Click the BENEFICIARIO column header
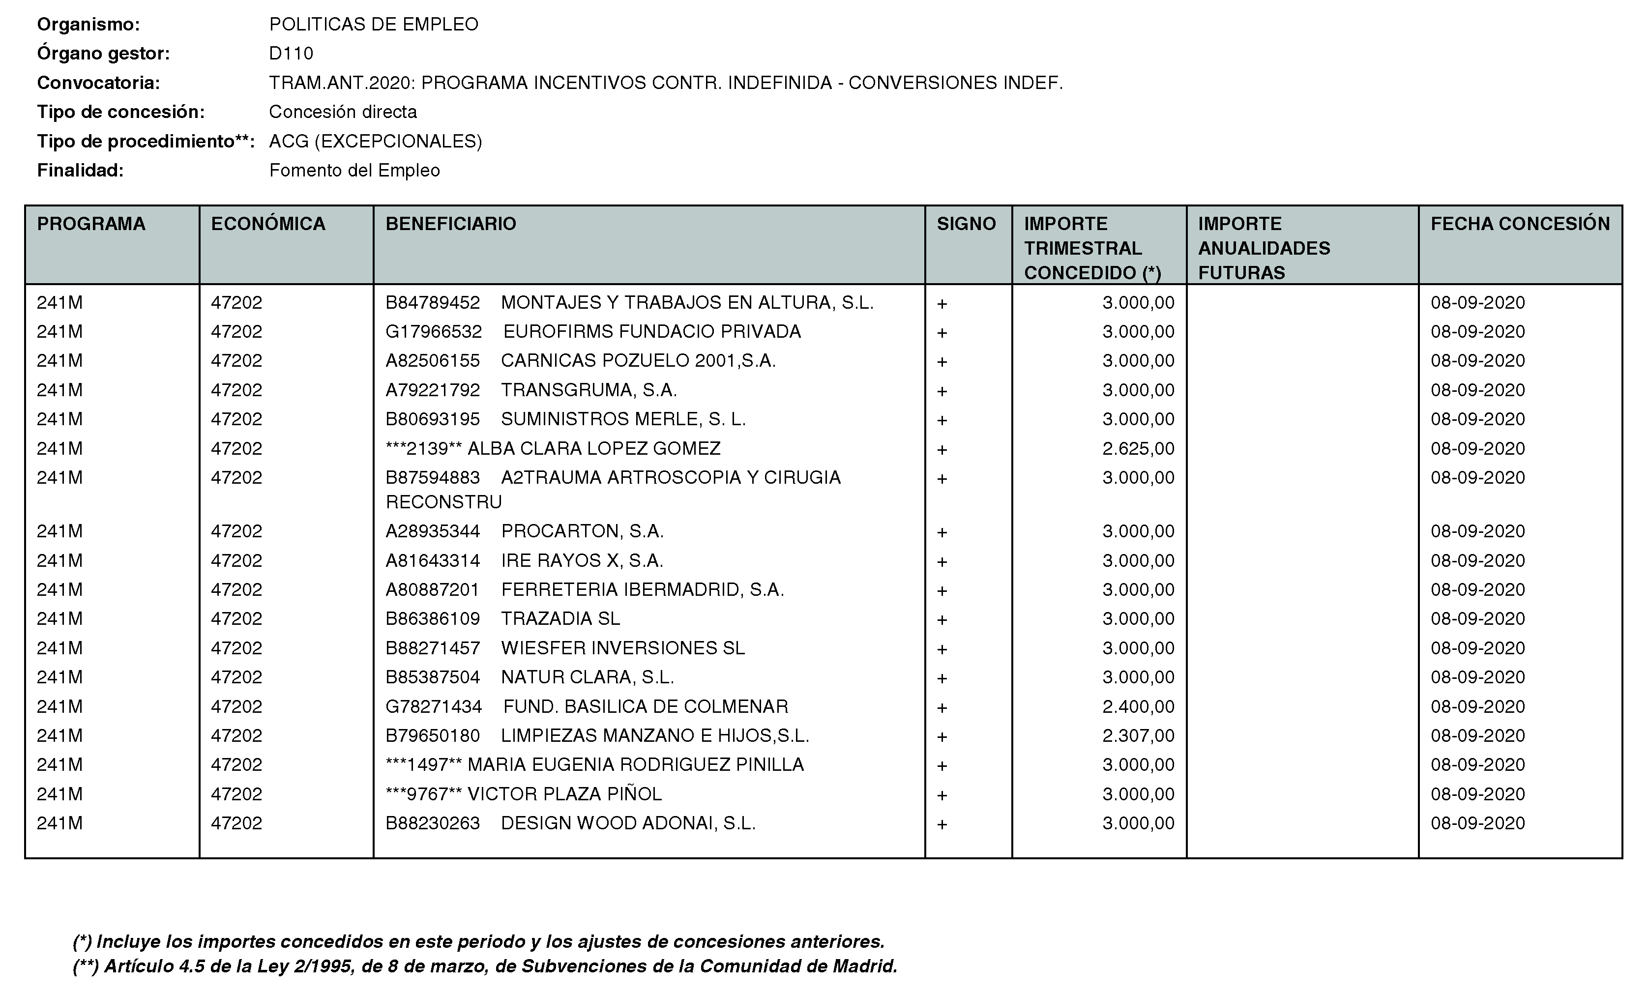point(451,224)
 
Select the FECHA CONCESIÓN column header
point(1520,224)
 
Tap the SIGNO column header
point(966,224)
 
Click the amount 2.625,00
point(1138,449)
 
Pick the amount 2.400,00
point(1138,707)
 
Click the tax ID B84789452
point(433,303)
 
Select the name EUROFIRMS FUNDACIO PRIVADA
point(652,332)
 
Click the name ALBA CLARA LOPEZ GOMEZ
point(594,449)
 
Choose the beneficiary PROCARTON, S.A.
point(583,531)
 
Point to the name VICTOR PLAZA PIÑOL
point(564,794)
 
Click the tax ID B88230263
point(433,823)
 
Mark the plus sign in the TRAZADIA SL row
point(942,620)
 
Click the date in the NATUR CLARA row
point(1477,677)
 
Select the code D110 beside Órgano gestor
point(291,54)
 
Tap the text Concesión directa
point(343,112)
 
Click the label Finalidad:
point(80,171)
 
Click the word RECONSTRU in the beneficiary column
point(443,502)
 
